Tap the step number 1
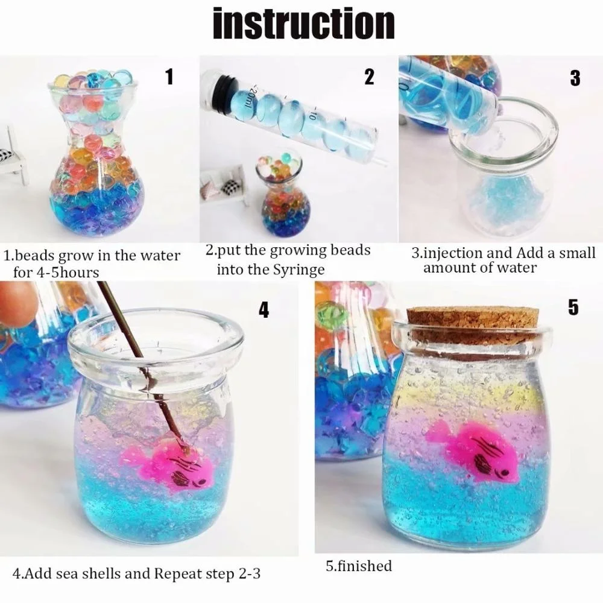point(169,77)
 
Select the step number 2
point(368,77)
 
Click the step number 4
point(264,309)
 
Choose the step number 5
point(573,307)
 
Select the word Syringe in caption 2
point(301,270)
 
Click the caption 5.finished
point(358,566)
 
